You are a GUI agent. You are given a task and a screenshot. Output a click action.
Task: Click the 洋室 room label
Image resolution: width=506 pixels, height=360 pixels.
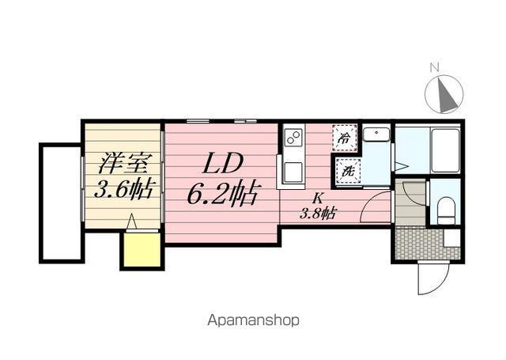123,163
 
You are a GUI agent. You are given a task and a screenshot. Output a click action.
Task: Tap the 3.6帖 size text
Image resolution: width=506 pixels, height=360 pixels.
123,189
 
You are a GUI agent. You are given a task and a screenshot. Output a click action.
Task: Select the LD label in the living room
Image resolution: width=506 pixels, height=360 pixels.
222,165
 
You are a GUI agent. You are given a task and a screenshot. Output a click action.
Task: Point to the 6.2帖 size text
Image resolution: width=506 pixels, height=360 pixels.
222,194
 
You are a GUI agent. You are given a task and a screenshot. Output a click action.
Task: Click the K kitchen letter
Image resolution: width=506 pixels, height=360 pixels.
317,197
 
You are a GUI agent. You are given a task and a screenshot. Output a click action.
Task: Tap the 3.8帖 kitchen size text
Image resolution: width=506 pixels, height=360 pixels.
317,213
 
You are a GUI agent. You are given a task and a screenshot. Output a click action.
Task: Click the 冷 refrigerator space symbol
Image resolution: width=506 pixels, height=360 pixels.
345,138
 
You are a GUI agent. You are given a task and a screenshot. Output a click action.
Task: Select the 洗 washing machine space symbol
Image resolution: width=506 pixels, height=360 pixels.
348,172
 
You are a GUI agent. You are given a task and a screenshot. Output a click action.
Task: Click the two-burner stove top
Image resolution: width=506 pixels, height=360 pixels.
293,137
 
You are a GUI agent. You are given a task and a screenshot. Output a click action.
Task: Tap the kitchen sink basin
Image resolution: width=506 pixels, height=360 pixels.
293,173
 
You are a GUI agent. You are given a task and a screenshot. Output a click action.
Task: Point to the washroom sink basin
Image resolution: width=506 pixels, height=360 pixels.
376,134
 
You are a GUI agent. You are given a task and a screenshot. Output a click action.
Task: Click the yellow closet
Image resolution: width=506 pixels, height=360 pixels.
142,250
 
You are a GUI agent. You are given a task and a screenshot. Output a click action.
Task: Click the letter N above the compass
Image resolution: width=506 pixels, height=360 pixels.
435,68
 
